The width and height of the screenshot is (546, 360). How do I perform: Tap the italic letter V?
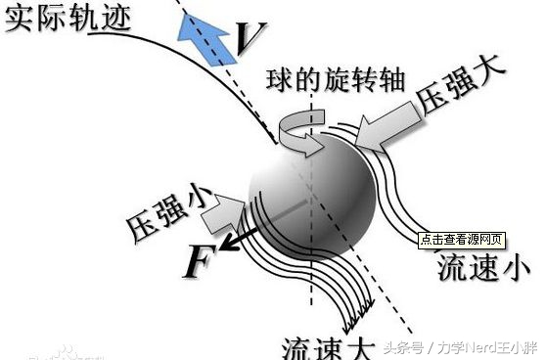pos(247,39)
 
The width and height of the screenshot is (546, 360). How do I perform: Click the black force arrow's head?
pos(226,239)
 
